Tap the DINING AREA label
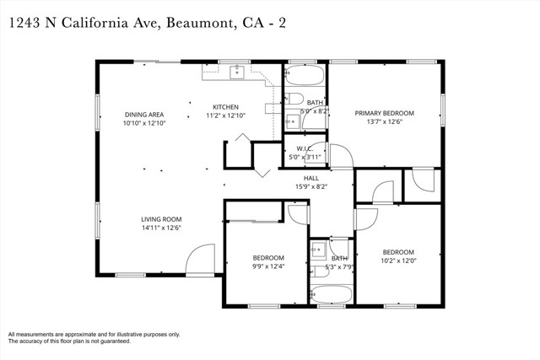click(143, 115)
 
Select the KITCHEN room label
click(225, 107)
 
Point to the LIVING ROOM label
click(161, 219)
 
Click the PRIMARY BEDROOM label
click(384, 113)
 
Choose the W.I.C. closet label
click(305, 148)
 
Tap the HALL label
click(311, 178)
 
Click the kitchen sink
click(237, 72)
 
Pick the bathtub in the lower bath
click(332, 295)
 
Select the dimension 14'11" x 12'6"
click(161, 228)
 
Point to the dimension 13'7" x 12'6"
click(384, 122)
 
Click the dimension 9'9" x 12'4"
click(268, 266)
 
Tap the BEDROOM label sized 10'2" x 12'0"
click(398, 252)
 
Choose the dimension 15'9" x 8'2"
click(311, 186)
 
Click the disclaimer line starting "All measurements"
click(94, 334)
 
